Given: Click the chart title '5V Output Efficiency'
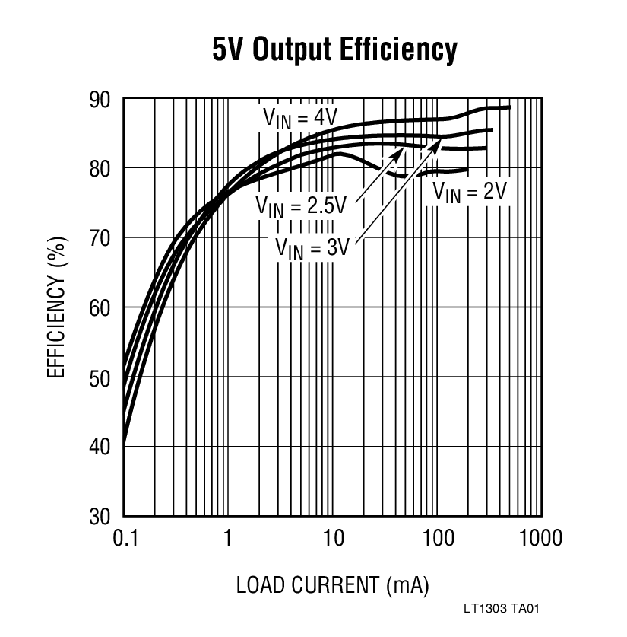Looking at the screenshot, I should click(x=334, y=50).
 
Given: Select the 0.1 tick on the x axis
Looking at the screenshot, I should click(x=124, y=539).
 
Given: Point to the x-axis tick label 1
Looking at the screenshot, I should click(x=227, y=539).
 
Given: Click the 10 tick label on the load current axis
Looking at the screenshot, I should click(x=332, y=539).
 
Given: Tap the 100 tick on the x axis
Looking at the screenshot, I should click(x=437, y=539).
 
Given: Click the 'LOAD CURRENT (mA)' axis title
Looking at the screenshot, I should click(x=333, y=585).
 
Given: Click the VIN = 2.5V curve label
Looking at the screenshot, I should click(x=301, y=206).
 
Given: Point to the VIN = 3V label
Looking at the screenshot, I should click(x=312, y=247).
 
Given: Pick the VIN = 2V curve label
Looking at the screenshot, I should click(x=469, y=192).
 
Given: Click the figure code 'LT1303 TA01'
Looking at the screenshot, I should click(x=504, y=609).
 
